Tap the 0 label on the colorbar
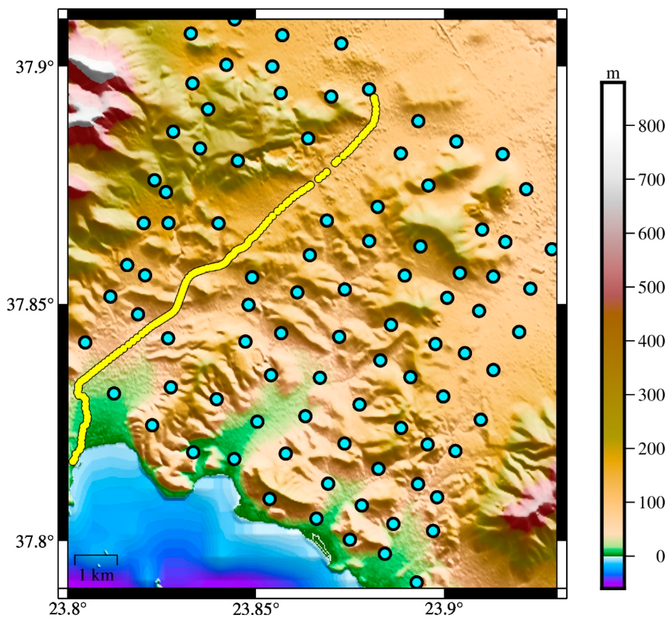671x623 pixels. tap(660, 556)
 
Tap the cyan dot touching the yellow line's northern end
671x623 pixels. tap(369, 89)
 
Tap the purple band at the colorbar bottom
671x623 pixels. tap(613, 585)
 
